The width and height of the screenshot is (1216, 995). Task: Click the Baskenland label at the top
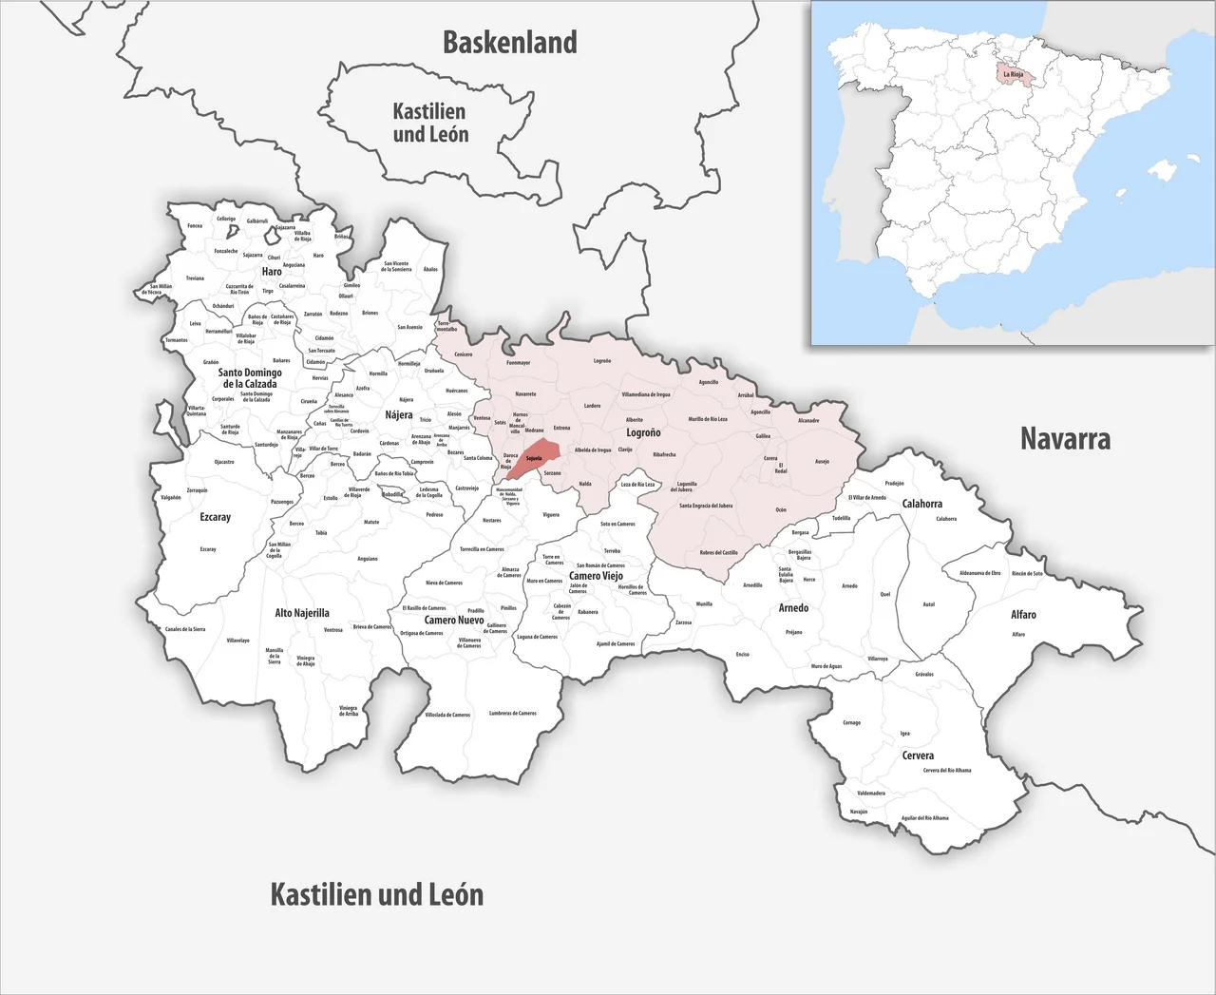tap(510, 43)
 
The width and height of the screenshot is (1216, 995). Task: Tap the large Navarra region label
tap(1065, 438)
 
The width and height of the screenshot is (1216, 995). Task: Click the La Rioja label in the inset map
tap(1013, 73)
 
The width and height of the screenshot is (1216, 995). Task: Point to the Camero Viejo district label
tap(596, 576)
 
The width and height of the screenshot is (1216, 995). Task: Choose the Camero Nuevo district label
tap(454, 620)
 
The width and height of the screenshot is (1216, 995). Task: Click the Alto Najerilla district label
tap(302, 613)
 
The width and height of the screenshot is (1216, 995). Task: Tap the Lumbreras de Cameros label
tap(513, 713)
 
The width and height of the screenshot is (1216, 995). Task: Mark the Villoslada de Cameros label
tap(447, 715)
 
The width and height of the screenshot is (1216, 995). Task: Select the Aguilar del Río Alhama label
tap(924, 817)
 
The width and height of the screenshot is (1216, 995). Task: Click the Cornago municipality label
tap(851, 722)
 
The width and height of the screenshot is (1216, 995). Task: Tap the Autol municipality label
tap(929, 604)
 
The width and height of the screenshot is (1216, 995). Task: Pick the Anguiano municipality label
tap(367, 559)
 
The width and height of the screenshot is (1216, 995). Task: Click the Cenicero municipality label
tap(463, 354)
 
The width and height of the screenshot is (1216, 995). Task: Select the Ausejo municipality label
tap(822, 462)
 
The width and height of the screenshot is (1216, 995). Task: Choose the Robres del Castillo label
tap(718, 552)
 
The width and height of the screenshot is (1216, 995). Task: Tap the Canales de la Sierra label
tap(185, 629)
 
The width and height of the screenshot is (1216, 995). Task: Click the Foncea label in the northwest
tap(195, 225)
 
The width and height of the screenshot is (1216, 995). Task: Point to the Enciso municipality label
tap(742, 654)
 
